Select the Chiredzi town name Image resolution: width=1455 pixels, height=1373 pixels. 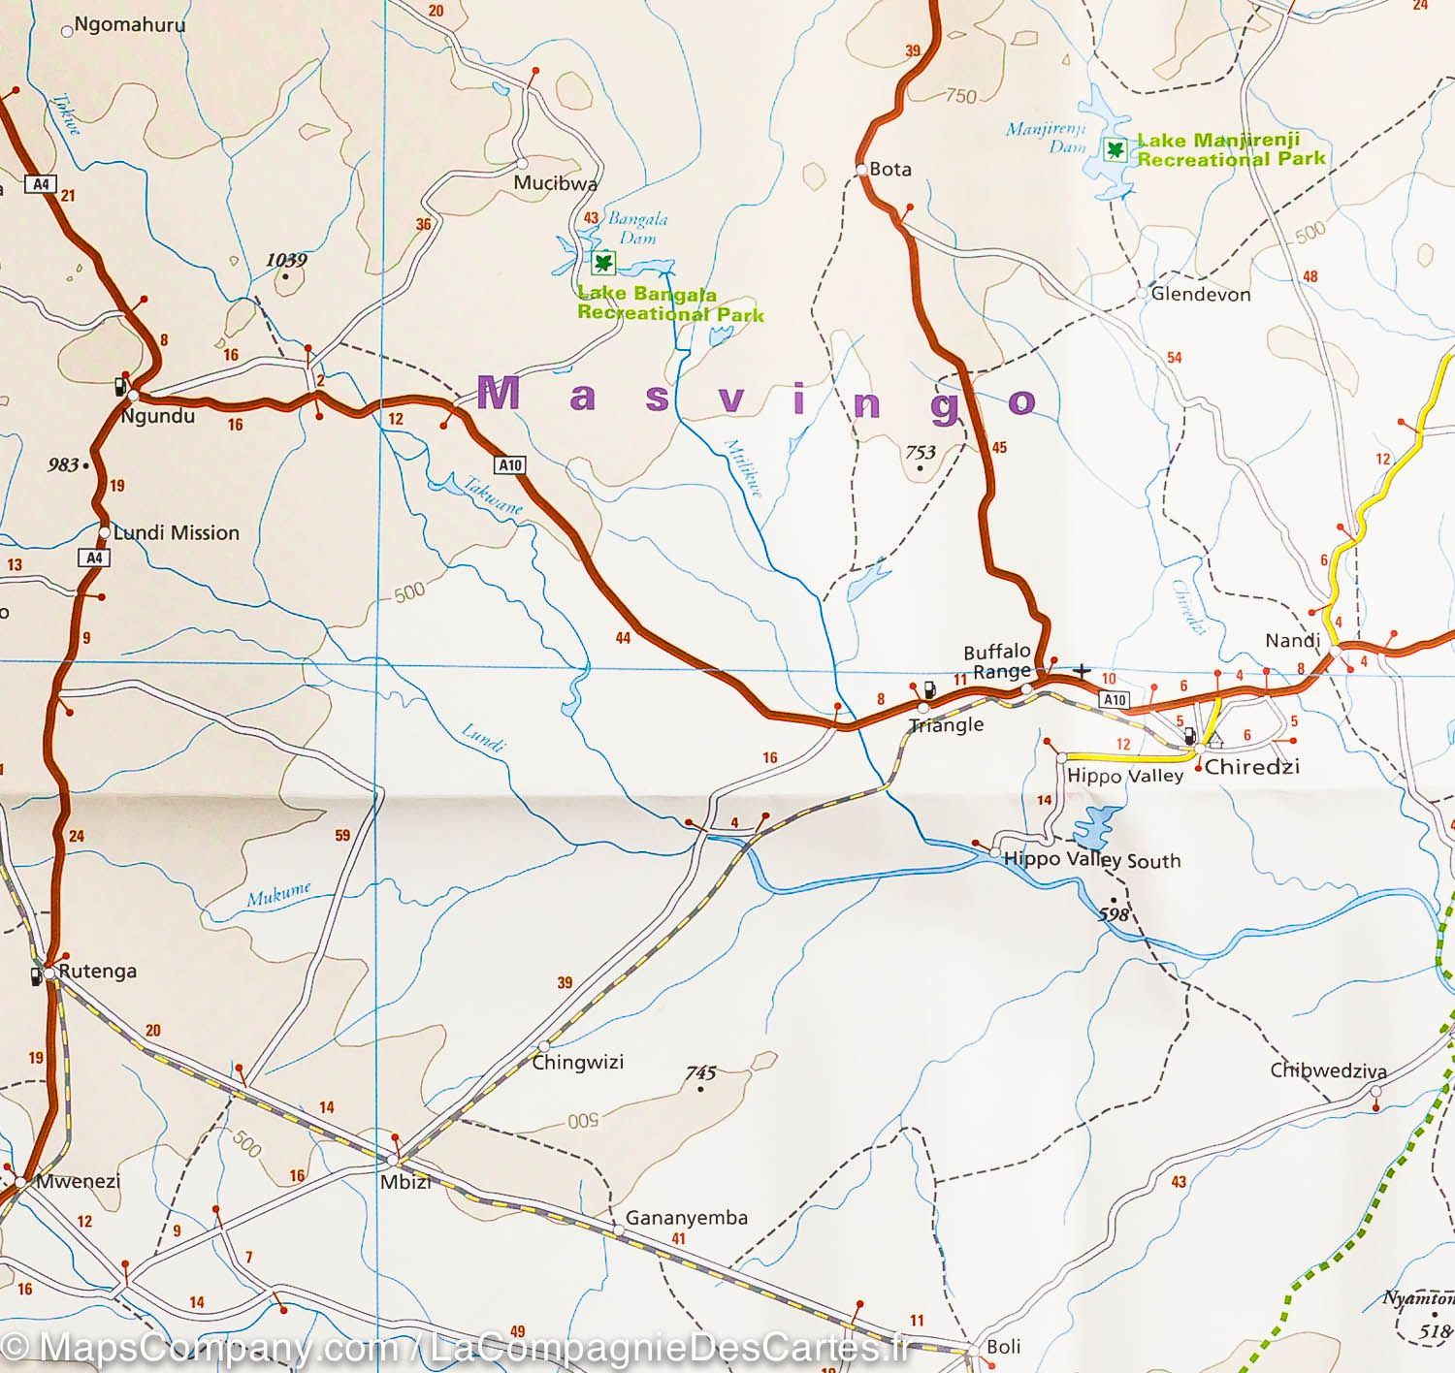click(x=1251, y=767)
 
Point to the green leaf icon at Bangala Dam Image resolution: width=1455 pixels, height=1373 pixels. click(x=605, y=262)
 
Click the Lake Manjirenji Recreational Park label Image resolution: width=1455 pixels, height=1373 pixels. click(x=1230, y=149)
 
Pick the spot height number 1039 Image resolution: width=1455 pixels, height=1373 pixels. click(x=285, y=260)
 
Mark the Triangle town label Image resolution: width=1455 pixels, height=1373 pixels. click(x=946, y=725)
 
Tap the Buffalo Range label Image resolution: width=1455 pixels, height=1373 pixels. click(x=996, y=661)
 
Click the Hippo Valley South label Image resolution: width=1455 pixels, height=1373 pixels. click(x=1091, y=860)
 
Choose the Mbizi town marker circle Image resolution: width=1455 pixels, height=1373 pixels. click(x=393, y=1160)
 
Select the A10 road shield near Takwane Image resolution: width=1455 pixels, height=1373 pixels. click(x=510, y=465)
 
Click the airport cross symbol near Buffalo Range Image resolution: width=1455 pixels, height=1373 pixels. click(x=1082, y=670)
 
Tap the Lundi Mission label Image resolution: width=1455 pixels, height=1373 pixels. click(x=176, y=532)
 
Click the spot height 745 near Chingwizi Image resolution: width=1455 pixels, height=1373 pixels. click(x=700, y=1072)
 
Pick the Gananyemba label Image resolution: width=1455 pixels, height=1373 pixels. click(x=686, y=1218)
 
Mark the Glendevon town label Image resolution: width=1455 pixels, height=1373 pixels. click(x=1200, y=294)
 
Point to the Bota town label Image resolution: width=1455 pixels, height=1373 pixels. click(x=889, y=169)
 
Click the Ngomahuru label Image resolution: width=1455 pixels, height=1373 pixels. click(x=129, y=25)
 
